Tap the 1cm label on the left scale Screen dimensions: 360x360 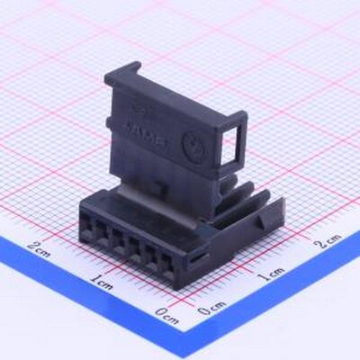point(101,283)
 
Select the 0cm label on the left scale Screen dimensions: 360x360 point(166,317)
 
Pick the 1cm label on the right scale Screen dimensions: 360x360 point(271,272)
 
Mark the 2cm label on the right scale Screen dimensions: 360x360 point(327,240)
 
